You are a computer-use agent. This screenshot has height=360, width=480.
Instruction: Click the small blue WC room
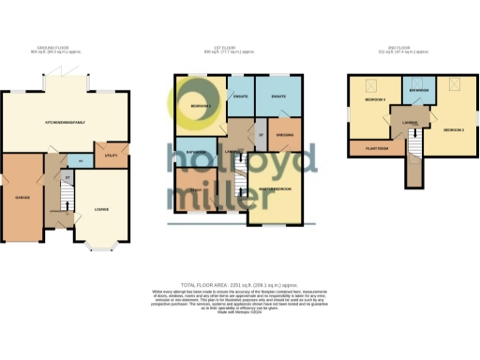[82, 160]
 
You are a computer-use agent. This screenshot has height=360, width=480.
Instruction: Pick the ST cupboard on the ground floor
[67, 176]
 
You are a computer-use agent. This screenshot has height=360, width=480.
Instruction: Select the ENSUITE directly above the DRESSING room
[278, 97]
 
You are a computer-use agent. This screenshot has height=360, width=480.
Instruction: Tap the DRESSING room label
[282, 134]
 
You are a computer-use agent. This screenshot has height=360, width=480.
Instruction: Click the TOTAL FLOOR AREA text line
[240, 284]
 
